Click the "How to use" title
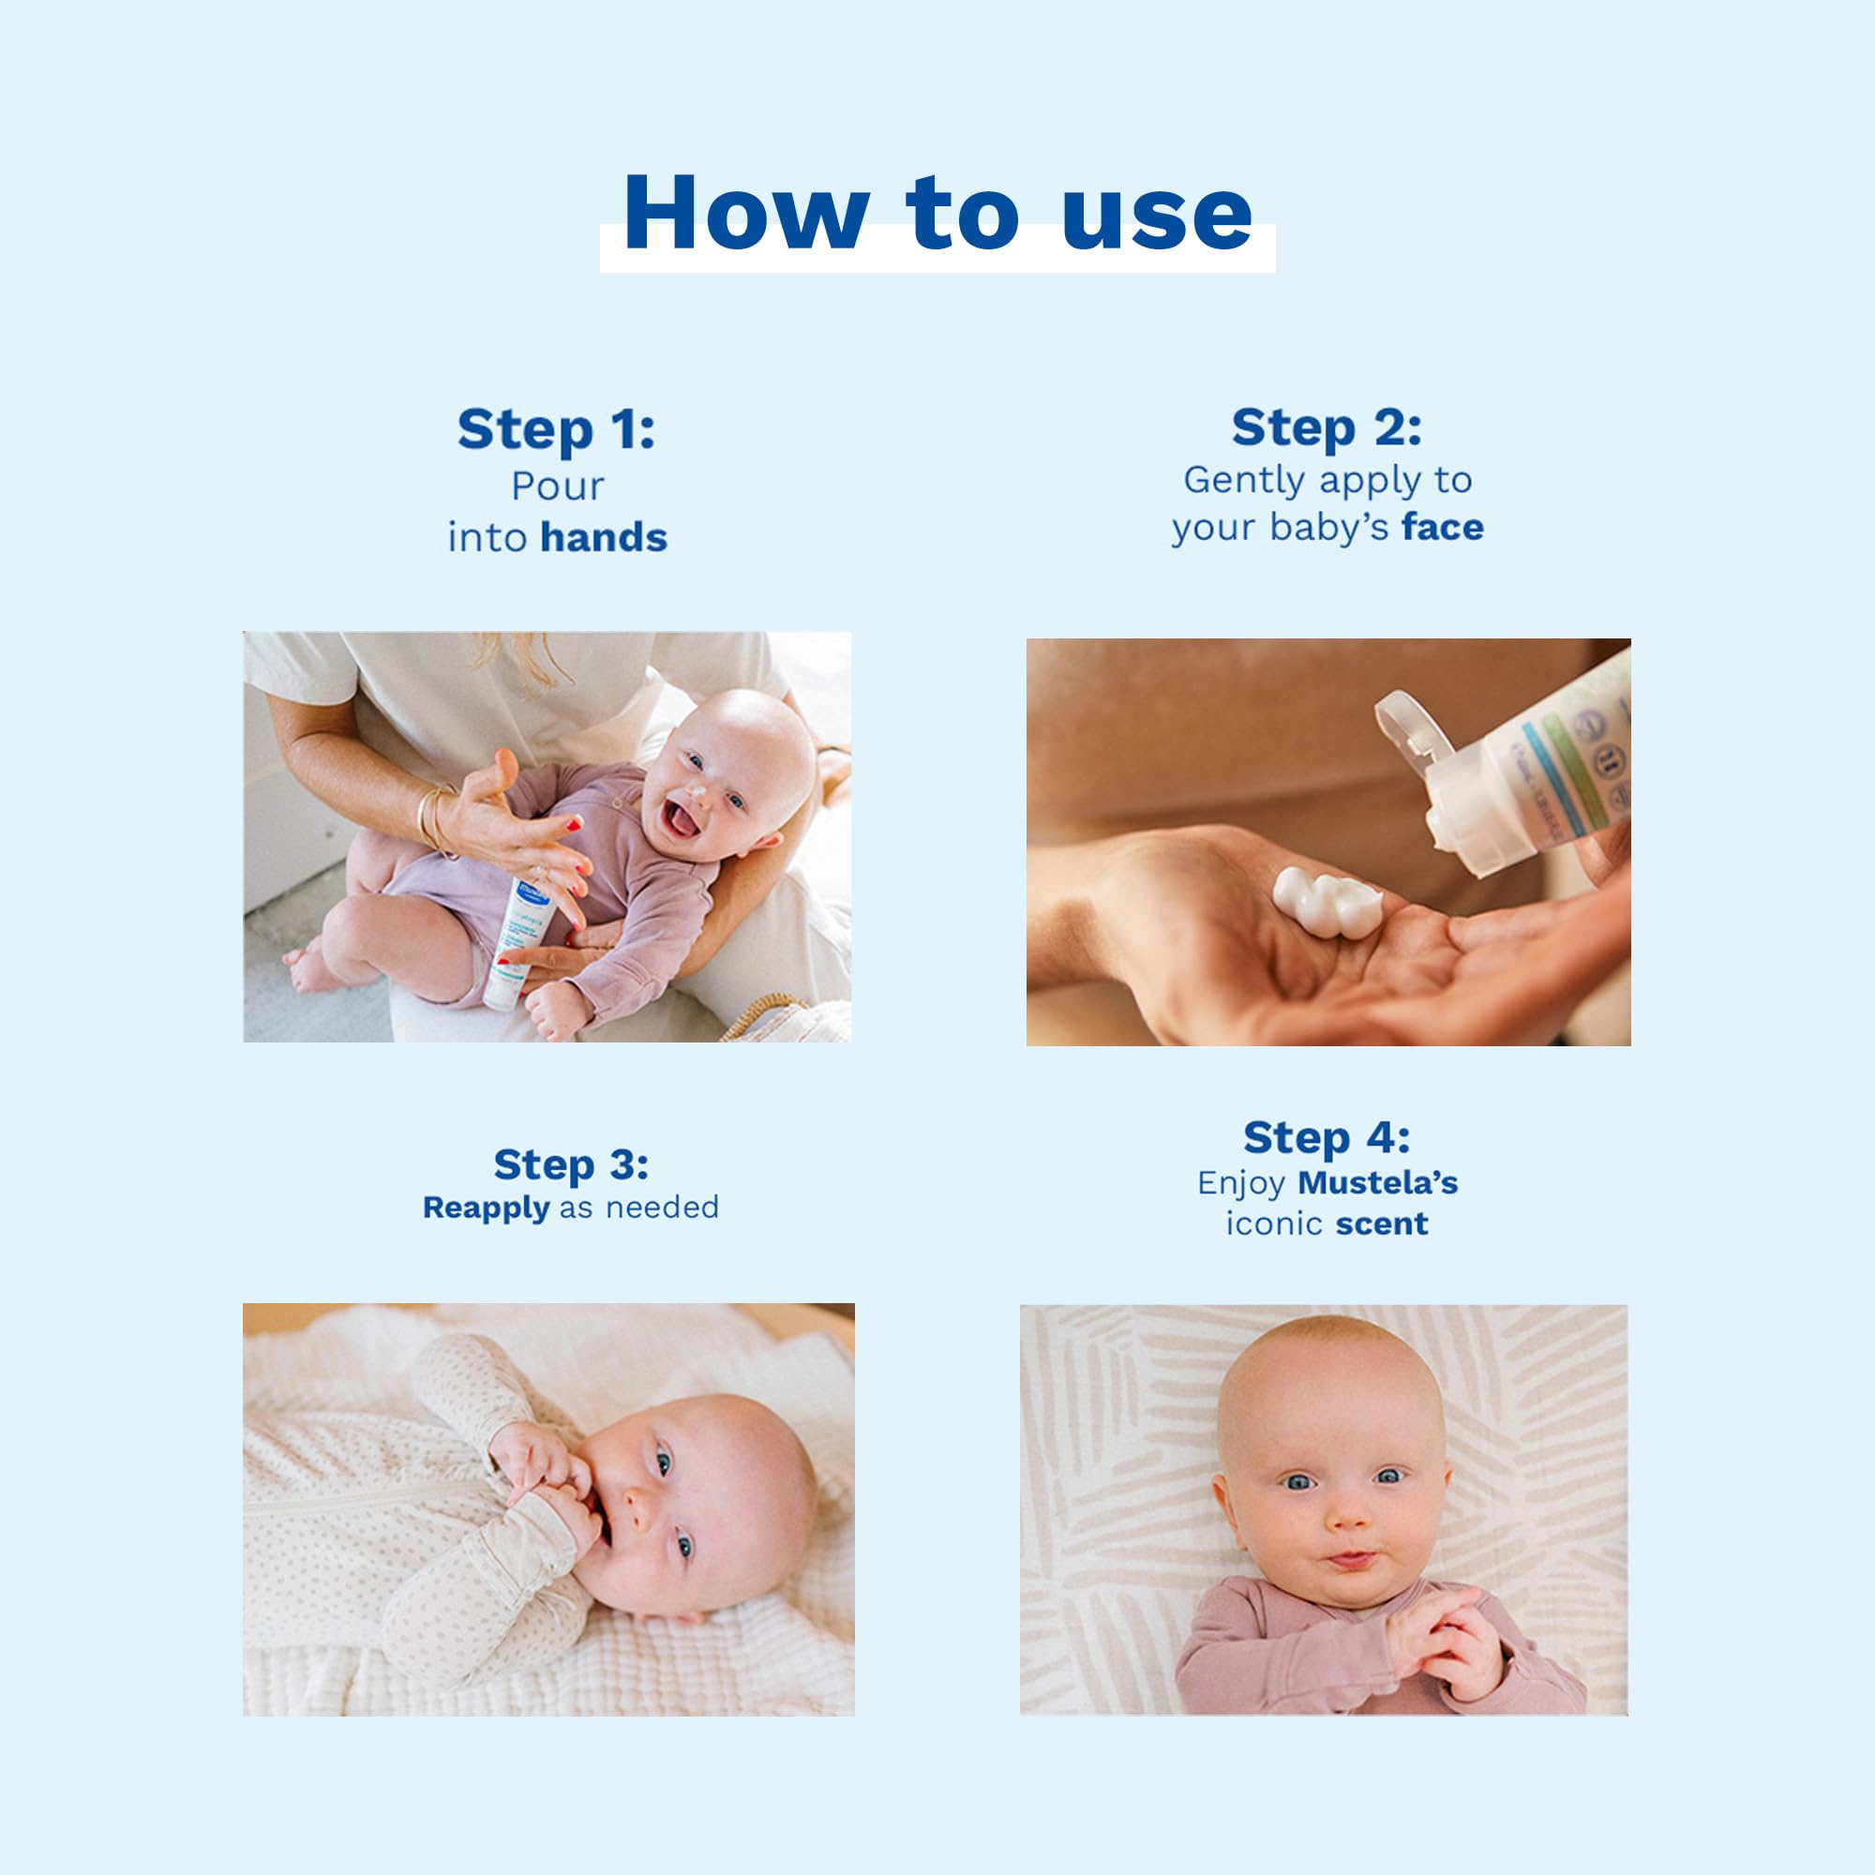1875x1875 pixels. pos(937,214)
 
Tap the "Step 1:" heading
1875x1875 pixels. pos(556,430)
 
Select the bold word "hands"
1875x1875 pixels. pos(604,537)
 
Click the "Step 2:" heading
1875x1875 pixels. pos(1327,428)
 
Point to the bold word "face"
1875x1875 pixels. pos(1442,528)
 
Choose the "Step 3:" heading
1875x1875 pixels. pos(571,1165)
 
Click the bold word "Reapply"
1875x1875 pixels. pos(487,1208)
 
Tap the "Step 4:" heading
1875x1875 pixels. pos(1327,1138)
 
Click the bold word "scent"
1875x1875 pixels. pos(1381,1223)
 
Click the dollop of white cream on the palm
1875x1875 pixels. pos(1326,903)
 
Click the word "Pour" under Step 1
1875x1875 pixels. pos(557,487)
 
